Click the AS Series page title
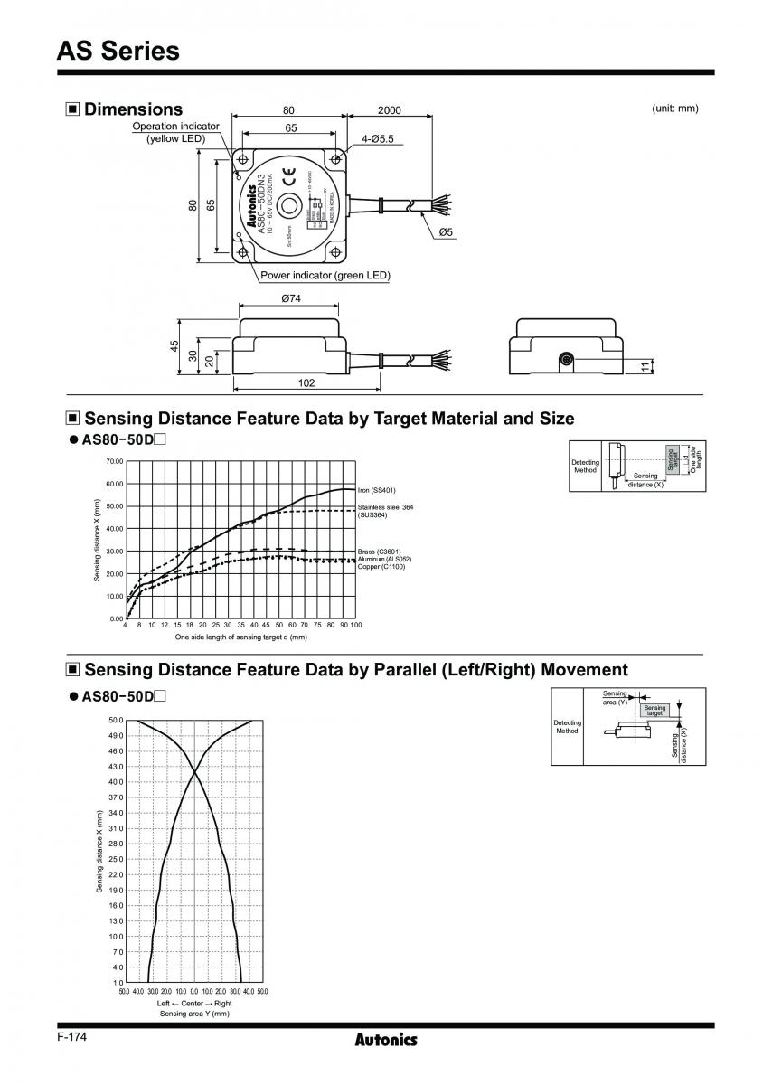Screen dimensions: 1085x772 [118, 51]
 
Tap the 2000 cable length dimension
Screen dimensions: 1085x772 [389, 110]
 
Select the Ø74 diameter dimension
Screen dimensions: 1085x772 [291, 298]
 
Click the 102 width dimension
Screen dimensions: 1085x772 [306, 383]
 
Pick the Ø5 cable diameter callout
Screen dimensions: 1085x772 [446, 232]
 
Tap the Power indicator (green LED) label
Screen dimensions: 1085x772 [325, 276]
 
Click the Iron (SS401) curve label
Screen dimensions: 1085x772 [378, 490]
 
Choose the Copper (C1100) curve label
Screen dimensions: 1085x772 [381, 566]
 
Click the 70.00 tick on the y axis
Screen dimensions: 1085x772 [114, 461]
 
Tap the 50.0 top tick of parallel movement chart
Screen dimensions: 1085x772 [116, 721]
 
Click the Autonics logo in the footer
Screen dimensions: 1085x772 [386, 1040]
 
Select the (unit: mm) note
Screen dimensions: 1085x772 [674, 108]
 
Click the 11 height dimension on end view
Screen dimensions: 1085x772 [644, 366]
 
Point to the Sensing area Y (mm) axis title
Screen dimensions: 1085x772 [194, 1014]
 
